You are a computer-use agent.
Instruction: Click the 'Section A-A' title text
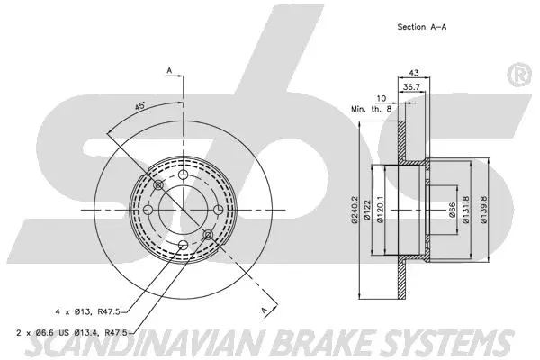click(423, 27)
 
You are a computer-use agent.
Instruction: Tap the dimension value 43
click(414, 73)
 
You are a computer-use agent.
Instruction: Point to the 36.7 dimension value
click(409, 86)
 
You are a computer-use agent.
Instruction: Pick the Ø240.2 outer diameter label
click(355, 211)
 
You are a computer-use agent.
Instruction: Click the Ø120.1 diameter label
click(381, 211)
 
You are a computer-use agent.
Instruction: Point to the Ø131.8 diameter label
click(465, 211)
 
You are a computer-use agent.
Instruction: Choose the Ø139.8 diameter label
click(483, 211)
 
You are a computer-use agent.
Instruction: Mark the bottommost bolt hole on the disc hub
click(183, 245)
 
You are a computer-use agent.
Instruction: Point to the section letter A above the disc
click(168, 68)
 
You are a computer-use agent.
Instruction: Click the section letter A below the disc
click(265, 309)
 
